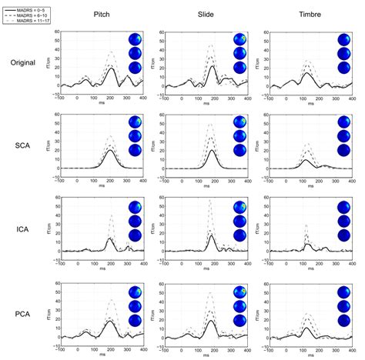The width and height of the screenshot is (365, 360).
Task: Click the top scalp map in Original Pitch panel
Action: [136, 41]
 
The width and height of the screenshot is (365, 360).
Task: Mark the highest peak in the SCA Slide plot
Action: [209, 123]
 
